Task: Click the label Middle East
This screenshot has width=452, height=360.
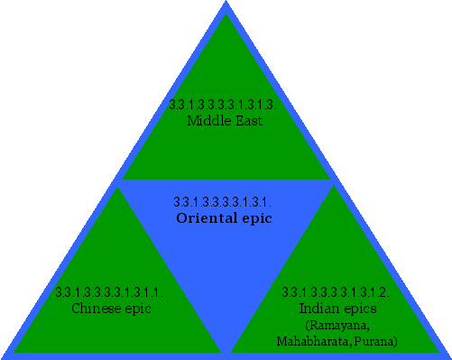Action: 225,120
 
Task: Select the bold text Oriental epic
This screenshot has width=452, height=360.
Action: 224,217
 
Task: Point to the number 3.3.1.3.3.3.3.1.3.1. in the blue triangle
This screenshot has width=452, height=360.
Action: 222,201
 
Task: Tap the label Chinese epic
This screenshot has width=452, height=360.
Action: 111,308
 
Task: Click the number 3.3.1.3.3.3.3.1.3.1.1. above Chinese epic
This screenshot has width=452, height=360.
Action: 108,292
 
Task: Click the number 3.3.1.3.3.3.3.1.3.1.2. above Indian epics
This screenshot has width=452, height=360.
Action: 336,292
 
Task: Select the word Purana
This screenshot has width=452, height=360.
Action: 377,341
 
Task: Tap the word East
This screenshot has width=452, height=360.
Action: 247,120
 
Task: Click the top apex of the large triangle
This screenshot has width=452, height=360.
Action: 226,3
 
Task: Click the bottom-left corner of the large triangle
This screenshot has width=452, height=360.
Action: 4,355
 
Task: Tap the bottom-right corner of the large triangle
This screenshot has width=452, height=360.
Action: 448,355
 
